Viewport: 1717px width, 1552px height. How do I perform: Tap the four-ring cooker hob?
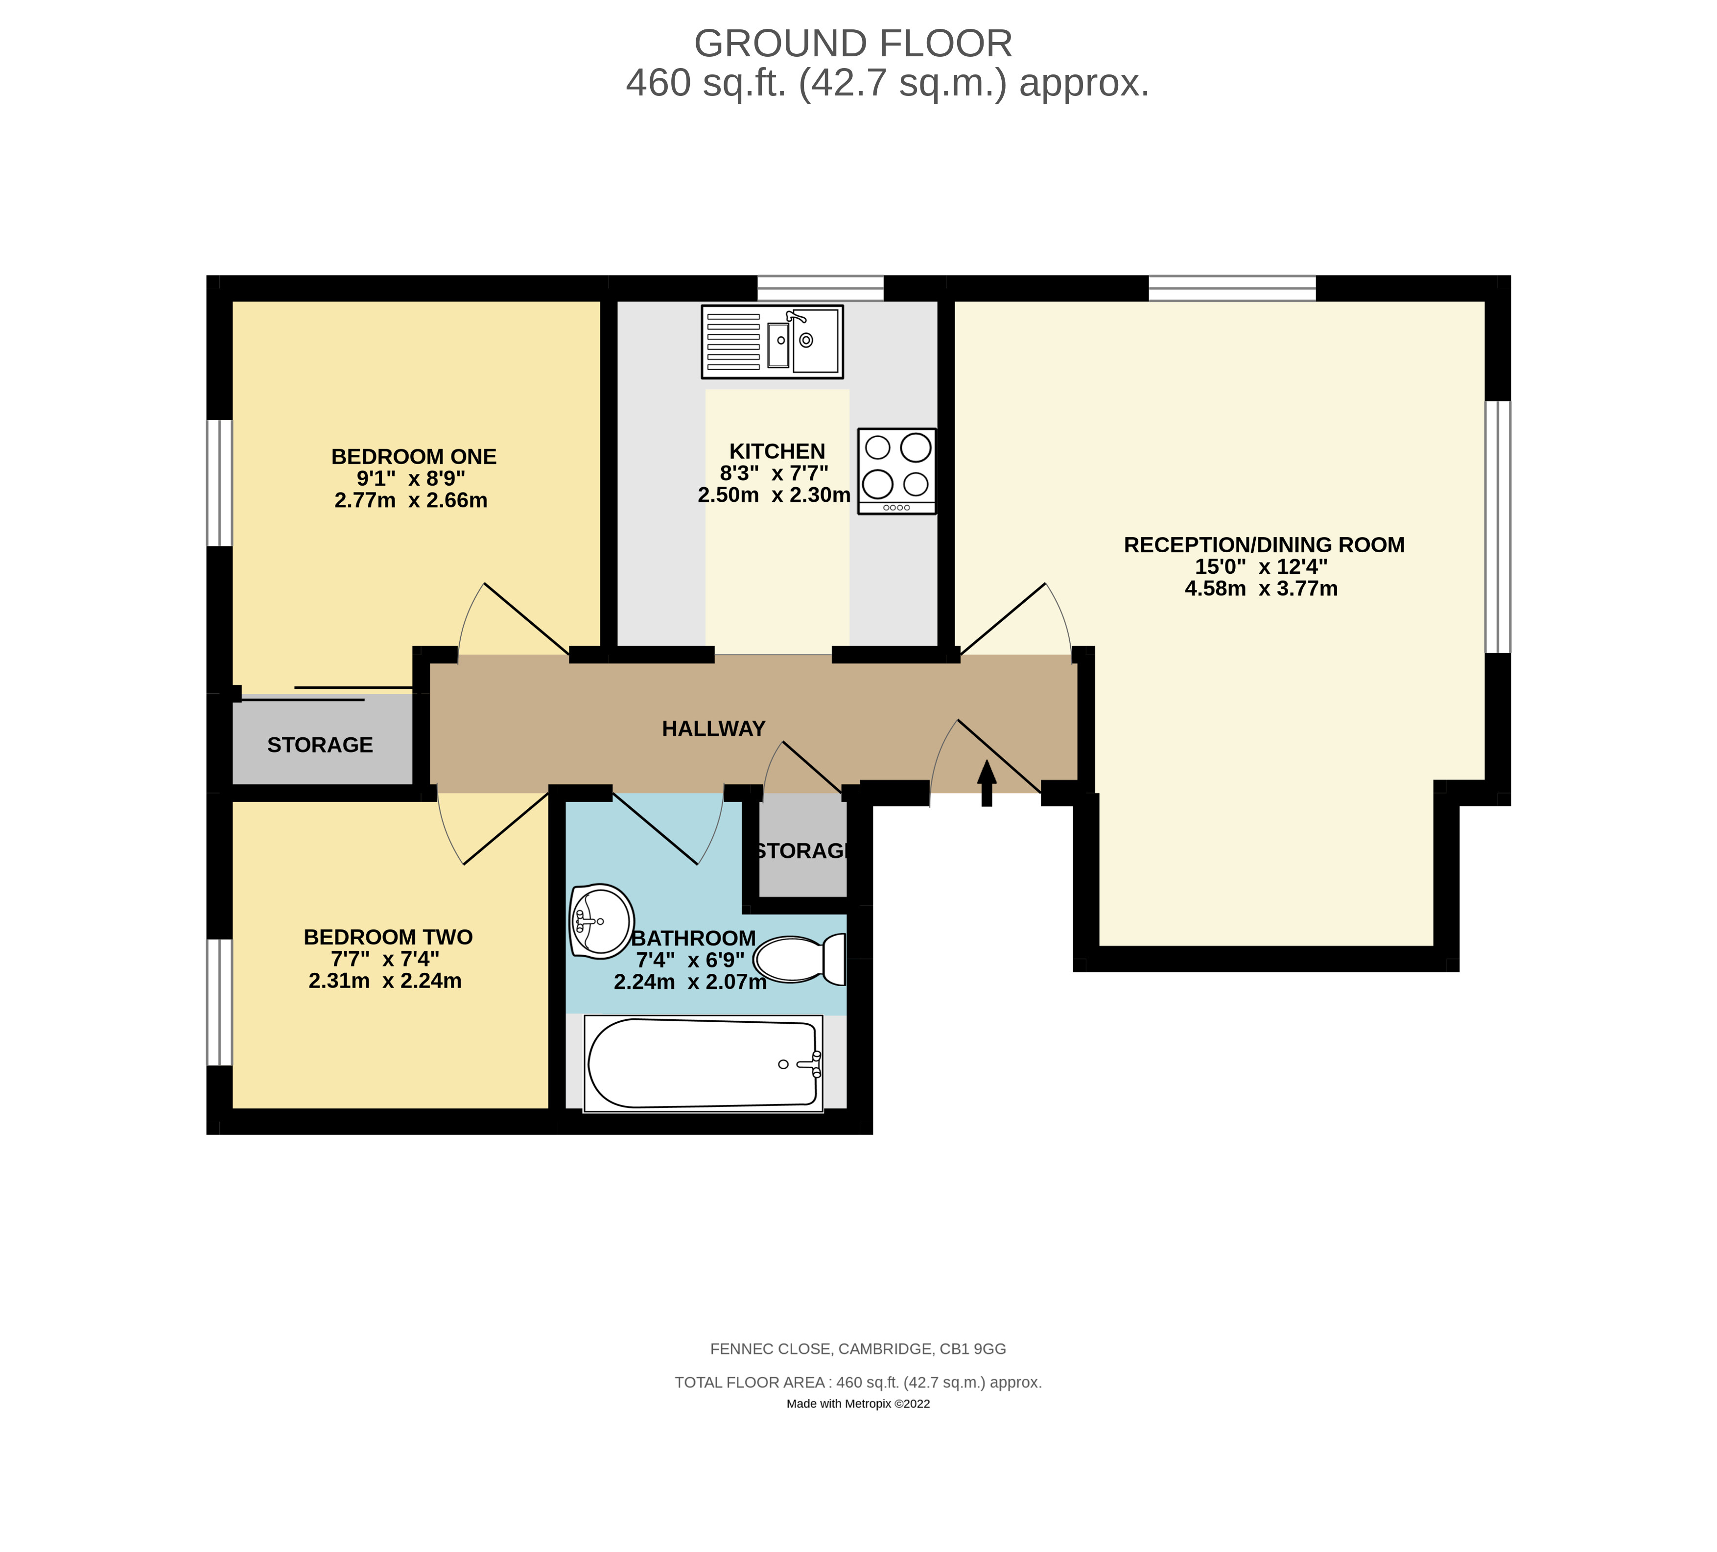[897, 471]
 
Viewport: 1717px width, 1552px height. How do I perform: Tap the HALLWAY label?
[714, 729]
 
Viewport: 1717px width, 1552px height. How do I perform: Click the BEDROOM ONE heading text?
[414, 457]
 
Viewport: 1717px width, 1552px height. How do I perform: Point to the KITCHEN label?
[776, 451]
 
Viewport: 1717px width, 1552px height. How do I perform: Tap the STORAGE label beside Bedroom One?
[320, 745]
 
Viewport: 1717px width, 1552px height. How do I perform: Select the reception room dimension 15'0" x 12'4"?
[1261, 566]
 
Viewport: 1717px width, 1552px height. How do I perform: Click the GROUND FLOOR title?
[853, 44]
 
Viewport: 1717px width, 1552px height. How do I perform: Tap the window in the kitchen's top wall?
[820, 288]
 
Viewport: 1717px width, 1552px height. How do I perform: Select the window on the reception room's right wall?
[1498, 526]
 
